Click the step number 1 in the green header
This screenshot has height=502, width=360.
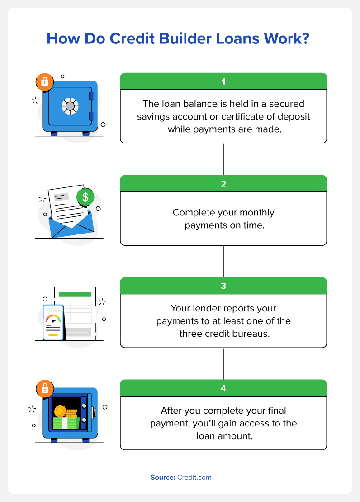point(223,81)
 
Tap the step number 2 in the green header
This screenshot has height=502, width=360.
point(223,184)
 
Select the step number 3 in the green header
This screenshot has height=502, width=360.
point(223,286)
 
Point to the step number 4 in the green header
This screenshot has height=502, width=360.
point(223,388)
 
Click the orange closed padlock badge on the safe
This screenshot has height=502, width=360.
point(45,81)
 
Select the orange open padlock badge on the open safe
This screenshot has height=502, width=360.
point(45,389)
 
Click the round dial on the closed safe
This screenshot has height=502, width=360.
point(70,106)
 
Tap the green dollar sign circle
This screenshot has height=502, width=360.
point(85,196)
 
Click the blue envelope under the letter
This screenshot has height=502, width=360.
point(71,226)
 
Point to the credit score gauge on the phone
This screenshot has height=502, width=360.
point(53,319)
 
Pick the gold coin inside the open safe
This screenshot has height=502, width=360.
point(60,411)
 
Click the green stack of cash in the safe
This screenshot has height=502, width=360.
point(66,423)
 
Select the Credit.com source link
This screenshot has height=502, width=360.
point(194,478)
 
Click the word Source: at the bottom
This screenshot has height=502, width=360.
point(163,478)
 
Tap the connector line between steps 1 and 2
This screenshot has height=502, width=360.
point(223,159)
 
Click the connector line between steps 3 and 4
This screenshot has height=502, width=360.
point(223,363)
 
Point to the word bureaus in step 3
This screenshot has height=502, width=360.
point(251,334)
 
